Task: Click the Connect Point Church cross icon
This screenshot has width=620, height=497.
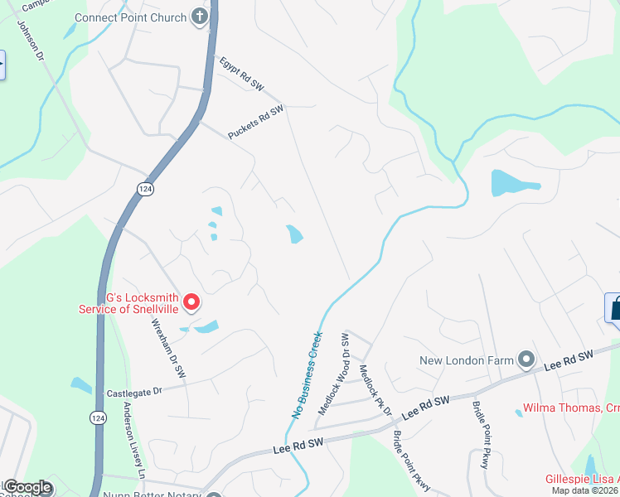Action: click(x=199, y=17)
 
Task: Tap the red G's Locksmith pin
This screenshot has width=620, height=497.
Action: click(x=191, y=302)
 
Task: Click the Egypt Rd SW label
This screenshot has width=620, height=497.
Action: click(x=241, y=73)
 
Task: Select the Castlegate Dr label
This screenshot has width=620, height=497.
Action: click(x=133, y=389)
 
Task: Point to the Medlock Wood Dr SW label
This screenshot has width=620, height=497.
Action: click(x=332, y=374)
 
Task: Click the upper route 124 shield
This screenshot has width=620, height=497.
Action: click(x=146, y=189)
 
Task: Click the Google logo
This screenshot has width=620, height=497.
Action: click(x=27, y=488)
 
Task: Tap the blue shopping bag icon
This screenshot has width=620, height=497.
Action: click(x=615, y=309)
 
